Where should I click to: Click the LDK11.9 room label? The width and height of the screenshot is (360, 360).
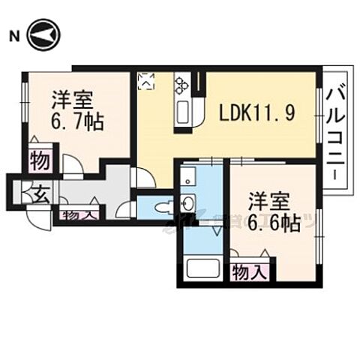256,113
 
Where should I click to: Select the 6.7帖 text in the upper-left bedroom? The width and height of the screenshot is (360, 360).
77,122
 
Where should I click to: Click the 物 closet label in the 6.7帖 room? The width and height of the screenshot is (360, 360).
40,160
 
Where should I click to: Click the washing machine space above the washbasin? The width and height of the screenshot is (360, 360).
188,177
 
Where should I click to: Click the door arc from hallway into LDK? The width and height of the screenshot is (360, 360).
142,178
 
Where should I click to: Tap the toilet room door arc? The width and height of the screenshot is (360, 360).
127,210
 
